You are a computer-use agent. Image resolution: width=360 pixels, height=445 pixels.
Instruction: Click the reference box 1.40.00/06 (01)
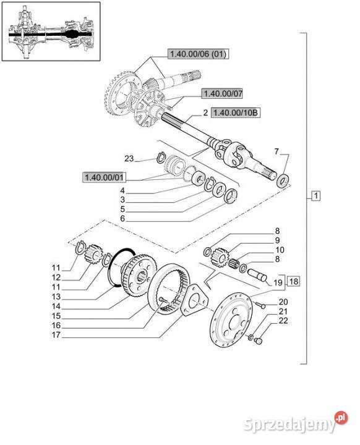[x=199, y=54]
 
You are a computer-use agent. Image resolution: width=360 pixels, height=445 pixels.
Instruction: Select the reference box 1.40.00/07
[x=222, y=93]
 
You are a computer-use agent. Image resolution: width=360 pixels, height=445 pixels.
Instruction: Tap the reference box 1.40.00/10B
[x=236, y=112]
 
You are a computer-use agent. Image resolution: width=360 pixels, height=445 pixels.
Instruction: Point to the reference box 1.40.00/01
[x=105, y=177]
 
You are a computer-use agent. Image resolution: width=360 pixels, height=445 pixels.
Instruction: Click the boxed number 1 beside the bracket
[x=316, y=196]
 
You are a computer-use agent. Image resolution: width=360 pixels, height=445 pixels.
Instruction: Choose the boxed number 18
[x=294, y=281]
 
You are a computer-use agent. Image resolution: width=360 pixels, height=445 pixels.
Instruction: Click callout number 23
[x=129, y=158]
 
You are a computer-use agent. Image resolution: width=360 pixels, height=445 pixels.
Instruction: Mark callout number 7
[x=276, y=151]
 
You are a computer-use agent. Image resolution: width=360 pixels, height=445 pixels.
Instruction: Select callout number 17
[x=56, y=335]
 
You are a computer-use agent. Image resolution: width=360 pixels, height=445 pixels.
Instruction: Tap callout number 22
[x=283, y=320]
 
